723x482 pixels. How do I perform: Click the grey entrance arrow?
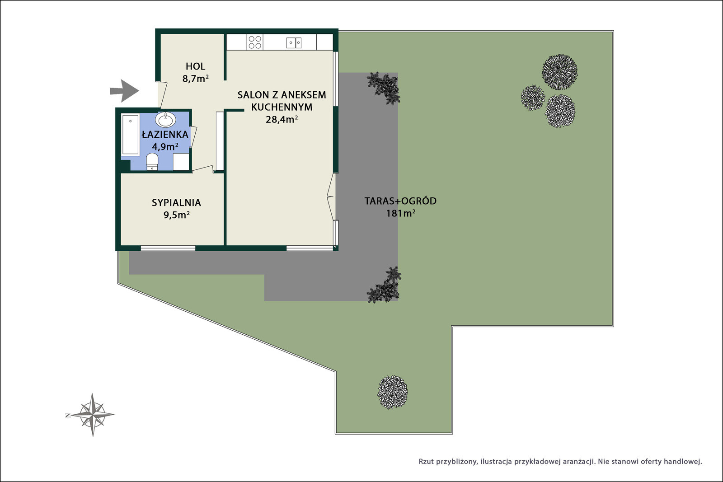(125, 91)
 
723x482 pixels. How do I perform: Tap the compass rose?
(92, 415)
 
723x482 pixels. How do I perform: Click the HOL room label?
(195, 66)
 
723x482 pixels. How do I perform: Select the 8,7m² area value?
(196, 79)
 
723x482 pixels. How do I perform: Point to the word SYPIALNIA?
(176, 203)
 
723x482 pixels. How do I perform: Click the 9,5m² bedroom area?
(176, 215)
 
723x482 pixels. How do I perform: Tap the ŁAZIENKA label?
(165, 134)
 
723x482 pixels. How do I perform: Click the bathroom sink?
(165, 120)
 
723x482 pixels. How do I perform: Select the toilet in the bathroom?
(152, 162)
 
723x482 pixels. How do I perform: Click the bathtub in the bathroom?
(131, 134)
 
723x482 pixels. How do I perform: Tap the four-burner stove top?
(255, 42)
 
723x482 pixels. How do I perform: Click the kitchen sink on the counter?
(294, 42)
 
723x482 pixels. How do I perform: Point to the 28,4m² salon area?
(282, 119)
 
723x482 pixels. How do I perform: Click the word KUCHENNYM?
(282, 107)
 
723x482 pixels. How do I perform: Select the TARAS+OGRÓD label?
(400, 201)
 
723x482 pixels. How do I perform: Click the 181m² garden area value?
(400, 213)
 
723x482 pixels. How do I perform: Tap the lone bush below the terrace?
(393, 392)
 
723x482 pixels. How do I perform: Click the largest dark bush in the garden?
(560, 72)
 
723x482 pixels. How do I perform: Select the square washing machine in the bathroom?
(181, 162)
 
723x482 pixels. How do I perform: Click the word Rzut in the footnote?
(426, 462)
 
